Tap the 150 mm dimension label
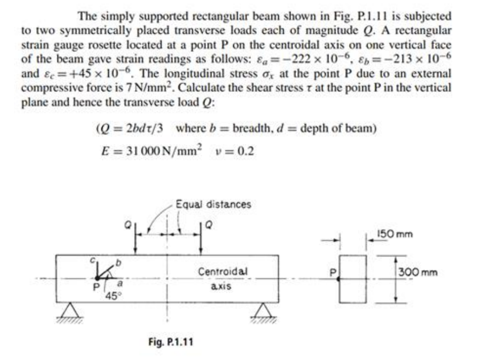point(395,234)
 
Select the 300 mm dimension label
point(418,273)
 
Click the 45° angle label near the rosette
point(112,296)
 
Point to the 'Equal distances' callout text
point(214,205)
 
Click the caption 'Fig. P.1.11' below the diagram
point(171,342)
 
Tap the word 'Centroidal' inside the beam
point(223,272)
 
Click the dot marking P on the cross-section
point(338,279)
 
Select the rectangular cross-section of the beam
point(353,279)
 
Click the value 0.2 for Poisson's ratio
point(245,151)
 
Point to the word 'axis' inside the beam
point(221,286)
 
